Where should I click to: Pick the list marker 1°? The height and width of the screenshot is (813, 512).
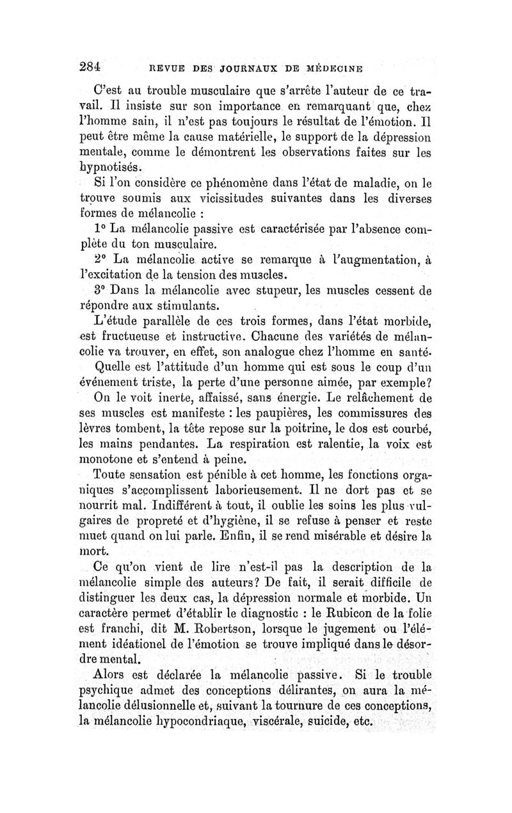[x=102, y=229]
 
